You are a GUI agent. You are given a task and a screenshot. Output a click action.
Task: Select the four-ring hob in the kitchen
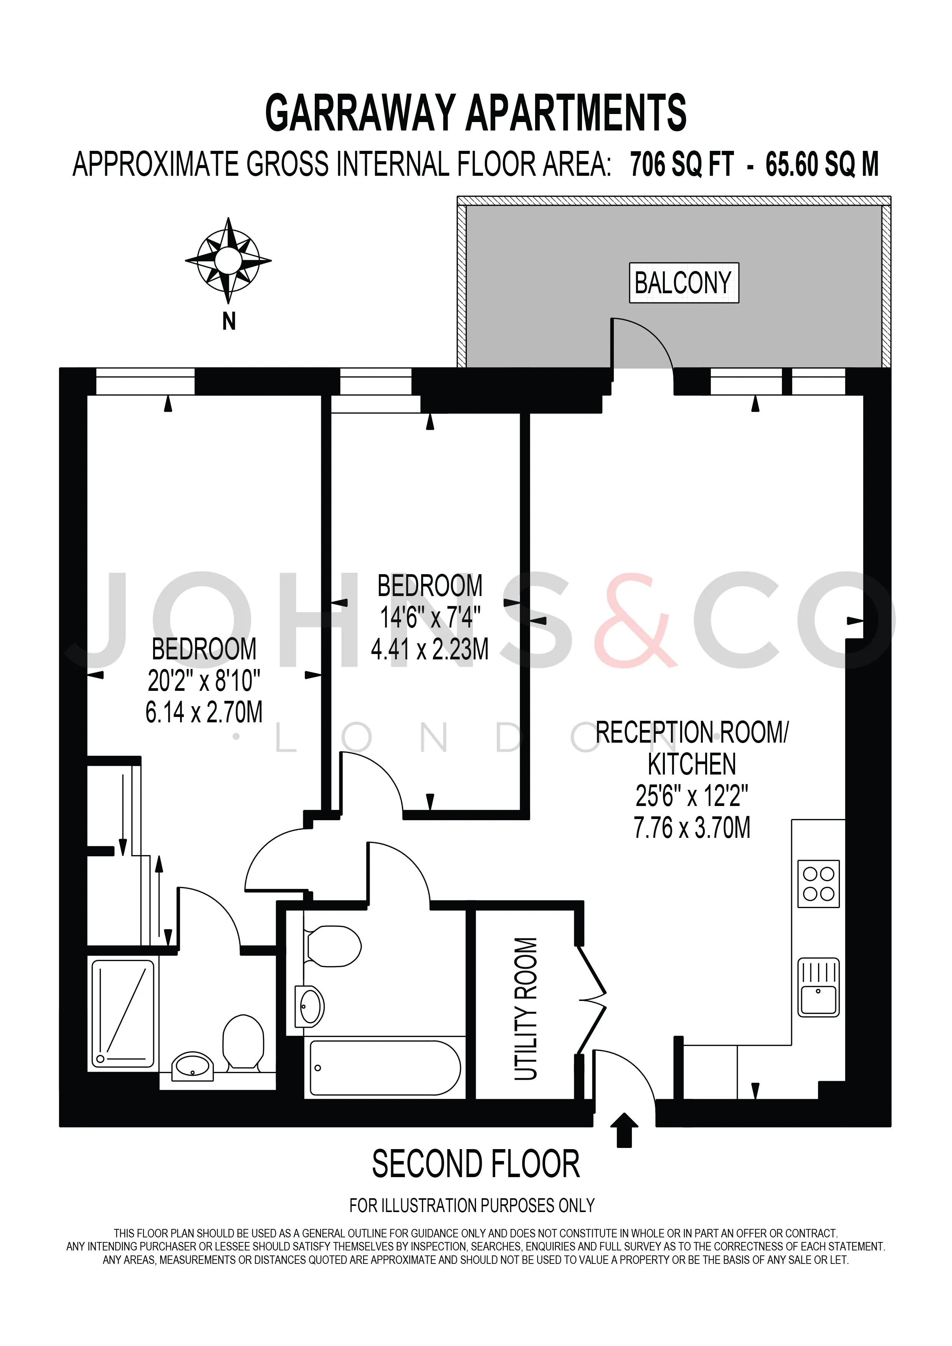819,884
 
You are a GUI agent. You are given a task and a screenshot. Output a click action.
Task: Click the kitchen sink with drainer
819,987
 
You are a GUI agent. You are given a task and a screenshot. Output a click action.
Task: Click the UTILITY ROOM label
526,1008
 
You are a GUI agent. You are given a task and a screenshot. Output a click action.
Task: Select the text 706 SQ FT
682,164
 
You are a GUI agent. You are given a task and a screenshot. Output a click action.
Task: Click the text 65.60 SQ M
822,164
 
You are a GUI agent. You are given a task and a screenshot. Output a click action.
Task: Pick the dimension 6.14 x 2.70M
204,712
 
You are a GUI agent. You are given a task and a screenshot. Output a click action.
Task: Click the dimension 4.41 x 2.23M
430,649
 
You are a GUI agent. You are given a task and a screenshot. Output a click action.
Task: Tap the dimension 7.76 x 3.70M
692,828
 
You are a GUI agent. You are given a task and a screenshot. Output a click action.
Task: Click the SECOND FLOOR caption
476,1164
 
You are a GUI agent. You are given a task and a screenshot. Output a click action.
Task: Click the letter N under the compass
229,321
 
